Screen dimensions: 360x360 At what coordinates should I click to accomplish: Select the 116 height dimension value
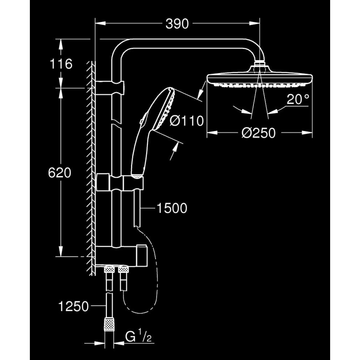tap(61, 64)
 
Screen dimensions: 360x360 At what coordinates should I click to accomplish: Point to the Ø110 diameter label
tap(187, 121)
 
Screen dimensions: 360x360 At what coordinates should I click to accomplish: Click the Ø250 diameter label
tap(259, 133)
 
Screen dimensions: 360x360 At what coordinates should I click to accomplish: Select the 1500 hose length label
tap(172, 208)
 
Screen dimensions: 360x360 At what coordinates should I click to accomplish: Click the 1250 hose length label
tap(73, 306)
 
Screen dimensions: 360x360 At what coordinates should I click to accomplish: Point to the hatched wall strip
tap(91, 166)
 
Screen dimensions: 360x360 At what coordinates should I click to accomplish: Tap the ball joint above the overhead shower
tap(260, 65)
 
